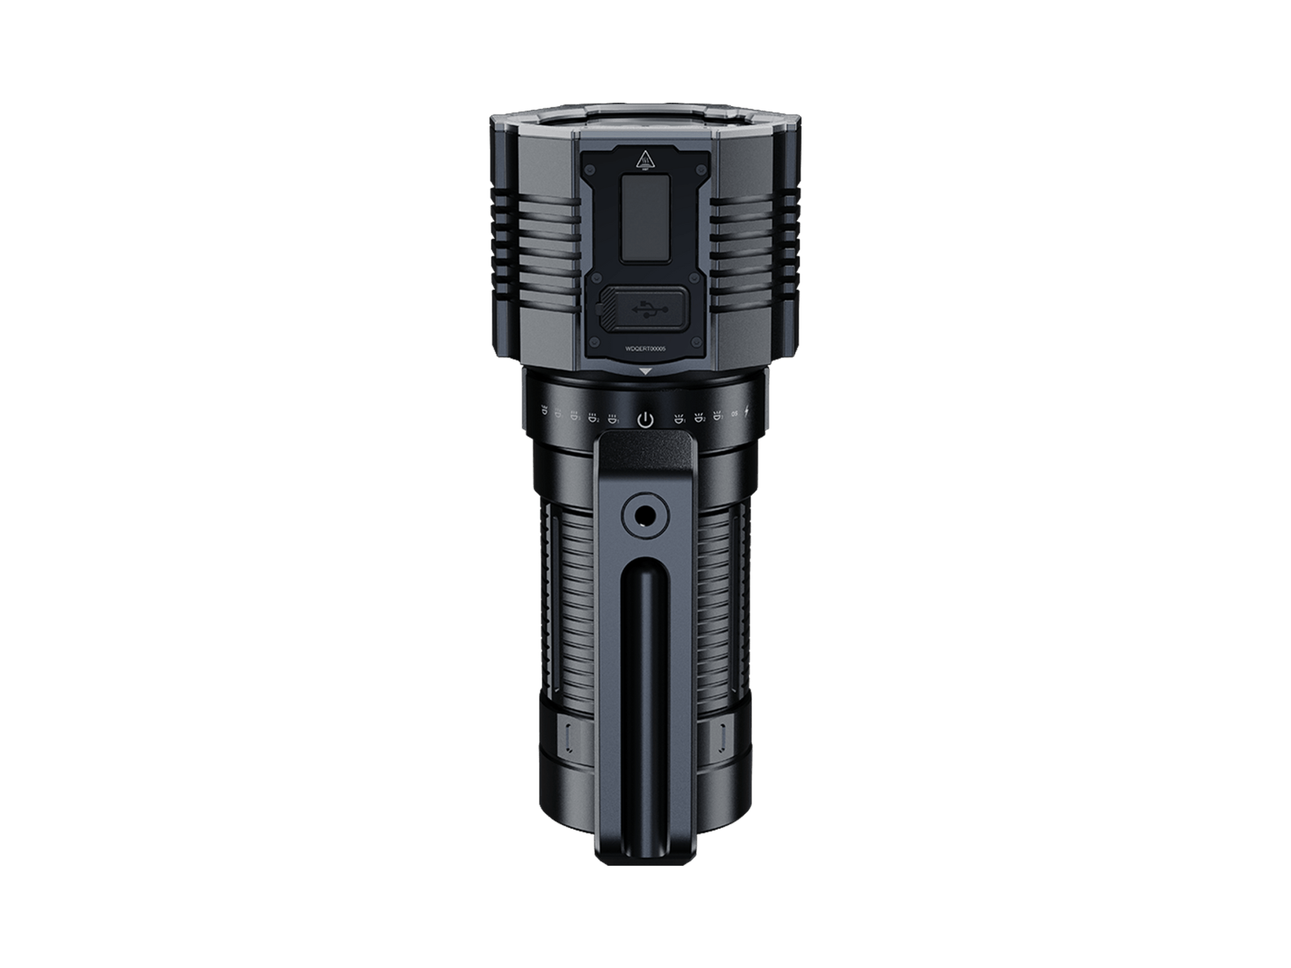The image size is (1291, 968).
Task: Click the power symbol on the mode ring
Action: point(645,420)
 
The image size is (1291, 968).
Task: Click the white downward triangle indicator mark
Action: point(645,373)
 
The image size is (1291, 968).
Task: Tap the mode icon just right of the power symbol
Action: point(678,418)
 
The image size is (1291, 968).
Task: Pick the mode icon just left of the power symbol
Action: point(614,418)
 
